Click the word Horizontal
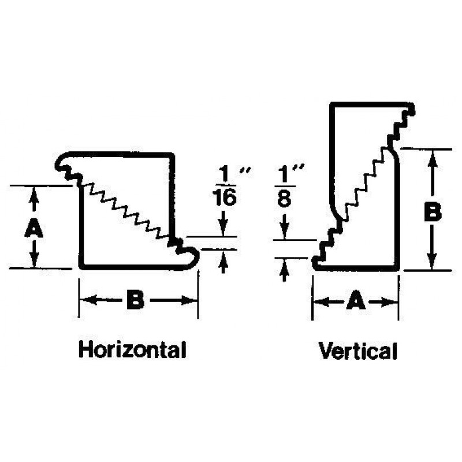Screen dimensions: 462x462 132,349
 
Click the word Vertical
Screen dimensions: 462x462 358,351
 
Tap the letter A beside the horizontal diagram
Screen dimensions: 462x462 33,228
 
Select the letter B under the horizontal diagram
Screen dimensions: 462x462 135,300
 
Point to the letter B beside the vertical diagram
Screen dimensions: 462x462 433,211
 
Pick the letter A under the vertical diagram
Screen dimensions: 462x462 356,300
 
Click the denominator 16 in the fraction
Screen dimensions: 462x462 225,197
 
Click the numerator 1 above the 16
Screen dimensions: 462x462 225,175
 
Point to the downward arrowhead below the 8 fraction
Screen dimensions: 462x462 284,232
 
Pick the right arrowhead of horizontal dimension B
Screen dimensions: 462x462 189,300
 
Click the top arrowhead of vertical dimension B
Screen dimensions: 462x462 432,159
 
